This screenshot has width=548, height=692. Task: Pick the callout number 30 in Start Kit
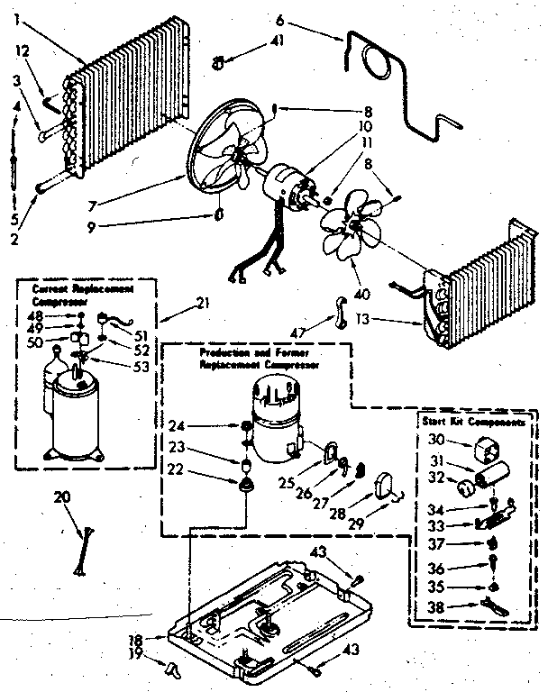437,439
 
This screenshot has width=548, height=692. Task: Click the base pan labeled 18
270,613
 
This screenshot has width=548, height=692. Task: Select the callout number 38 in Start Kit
436,608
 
